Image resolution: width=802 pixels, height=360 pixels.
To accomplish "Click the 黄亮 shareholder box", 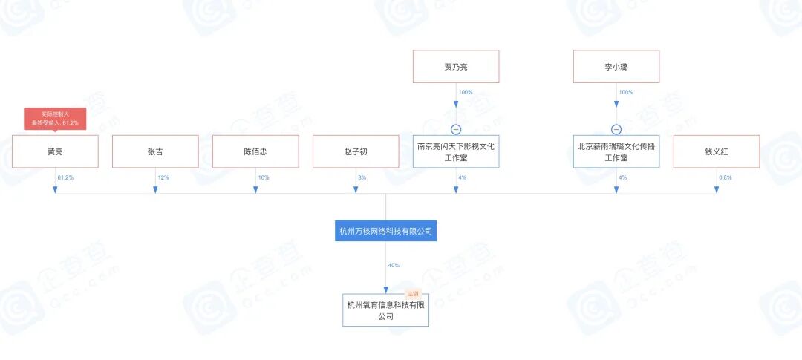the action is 55,151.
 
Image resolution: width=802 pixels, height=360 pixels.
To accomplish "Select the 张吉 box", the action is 155,151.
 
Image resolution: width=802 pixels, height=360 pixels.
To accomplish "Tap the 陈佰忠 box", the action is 255,151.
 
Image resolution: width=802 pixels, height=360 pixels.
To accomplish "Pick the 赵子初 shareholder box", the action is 356,151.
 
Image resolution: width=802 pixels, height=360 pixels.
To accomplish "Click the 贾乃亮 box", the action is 456,66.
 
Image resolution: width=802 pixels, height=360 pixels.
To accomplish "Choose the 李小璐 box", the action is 616,66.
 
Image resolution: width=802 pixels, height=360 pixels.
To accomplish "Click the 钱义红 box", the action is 717,151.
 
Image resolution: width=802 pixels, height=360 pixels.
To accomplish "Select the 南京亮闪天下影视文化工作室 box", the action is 456,151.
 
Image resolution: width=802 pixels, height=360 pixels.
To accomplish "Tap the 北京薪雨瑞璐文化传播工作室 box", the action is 616,151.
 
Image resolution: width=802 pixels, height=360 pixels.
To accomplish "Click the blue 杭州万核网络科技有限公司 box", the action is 385,232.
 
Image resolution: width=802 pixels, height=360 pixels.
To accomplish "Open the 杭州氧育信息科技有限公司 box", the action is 385,310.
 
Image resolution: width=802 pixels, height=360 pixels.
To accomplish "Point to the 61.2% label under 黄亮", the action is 65,178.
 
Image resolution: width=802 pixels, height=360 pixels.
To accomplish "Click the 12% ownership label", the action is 163,178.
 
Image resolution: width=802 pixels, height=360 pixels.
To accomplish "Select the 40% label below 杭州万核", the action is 394,265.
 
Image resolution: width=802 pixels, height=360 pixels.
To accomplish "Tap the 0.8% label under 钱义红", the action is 726,178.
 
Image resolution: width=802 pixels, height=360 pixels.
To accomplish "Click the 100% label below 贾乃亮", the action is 466,93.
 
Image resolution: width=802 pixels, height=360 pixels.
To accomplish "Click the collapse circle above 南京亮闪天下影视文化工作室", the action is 456,129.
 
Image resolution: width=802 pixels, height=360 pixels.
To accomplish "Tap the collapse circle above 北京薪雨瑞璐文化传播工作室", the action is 616,129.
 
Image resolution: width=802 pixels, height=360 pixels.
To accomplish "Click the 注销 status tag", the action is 413,294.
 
